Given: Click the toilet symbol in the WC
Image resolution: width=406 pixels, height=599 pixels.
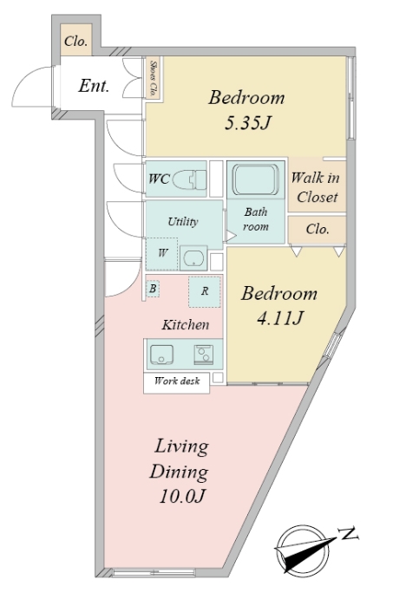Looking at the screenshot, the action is coord(190,179).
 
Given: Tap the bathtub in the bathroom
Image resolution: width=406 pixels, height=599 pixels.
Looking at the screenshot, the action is coord(256,179).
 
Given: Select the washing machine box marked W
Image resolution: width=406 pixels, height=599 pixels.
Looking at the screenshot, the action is coord(162,254).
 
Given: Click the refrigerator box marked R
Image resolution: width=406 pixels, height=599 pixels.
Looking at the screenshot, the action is coord(205,291).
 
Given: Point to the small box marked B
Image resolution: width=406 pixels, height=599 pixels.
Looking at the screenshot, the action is coord(153,289).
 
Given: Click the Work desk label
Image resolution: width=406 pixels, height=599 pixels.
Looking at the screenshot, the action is coord(177,381).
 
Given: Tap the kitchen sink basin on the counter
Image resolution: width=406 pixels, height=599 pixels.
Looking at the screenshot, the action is coord(161,355).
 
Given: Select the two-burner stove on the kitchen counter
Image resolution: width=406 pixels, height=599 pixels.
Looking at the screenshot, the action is coord(203,355).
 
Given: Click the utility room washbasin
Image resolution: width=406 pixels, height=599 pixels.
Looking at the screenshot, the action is coord(193,258).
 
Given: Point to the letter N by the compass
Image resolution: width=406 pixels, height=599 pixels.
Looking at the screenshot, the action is coord(349,533).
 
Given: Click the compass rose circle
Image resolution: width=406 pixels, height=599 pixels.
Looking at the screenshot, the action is coord(302,549).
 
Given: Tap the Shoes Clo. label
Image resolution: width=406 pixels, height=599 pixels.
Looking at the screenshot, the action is coord(154,77).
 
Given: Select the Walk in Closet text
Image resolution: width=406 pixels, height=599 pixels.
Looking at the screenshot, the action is coord(316,187).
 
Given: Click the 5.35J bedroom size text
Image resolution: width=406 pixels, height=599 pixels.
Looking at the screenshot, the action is coord(247,122).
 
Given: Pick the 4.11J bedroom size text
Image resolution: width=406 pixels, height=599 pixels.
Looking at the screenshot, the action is coord(280,318).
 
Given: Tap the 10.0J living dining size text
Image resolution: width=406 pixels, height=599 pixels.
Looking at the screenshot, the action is coord(182,496).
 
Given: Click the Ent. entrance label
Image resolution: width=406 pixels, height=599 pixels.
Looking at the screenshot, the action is coord(94,86).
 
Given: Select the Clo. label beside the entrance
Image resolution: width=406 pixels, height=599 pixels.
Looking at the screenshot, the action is coord(75,41).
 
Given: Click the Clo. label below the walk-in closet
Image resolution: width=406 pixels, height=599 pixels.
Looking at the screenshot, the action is coord(318,229).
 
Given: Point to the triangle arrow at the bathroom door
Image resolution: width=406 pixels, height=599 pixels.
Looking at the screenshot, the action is coord(231,236).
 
